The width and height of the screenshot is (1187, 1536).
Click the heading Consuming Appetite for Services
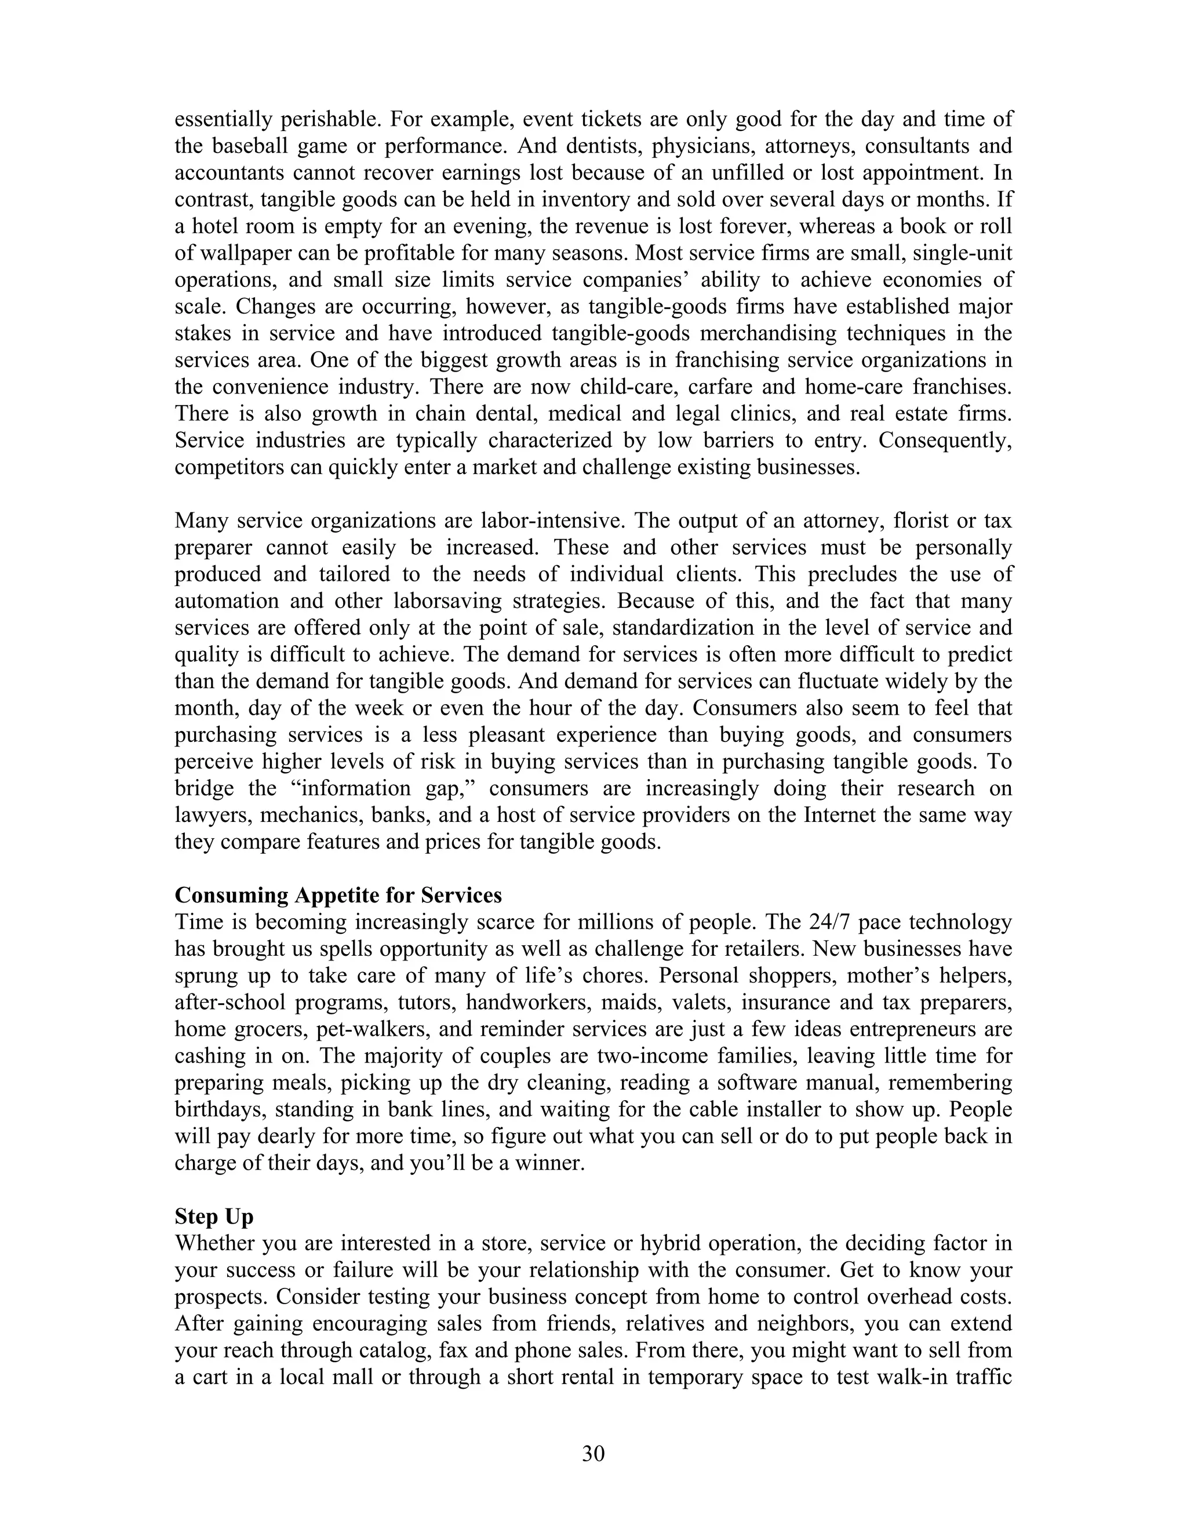click(x=338, y=896)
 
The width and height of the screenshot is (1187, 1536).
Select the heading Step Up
click(x=214, y=1216)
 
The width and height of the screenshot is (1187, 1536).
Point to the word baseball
click(x=247, y=146)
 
